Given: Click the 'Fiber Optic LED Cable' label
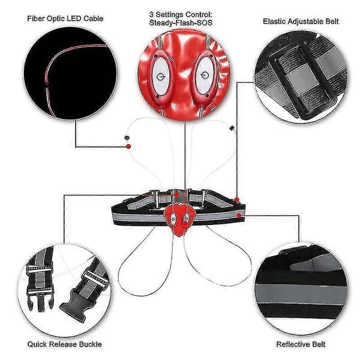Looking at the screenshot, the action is tap(65, 19).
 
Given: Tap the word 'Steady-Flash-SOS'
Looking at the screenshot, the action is tap(181, 23).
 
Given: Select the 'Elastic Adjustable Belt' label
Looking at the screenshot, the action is tap(301, 22).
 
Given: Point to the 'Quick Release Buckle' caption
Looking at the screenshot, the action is tap(65, 344).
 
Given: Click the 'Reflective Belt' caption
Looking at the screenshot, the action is tap(301, 344).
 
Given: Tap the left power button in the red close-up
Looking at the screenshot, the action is tap(160, 76).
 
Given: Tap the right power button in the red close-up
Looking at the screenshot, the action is tap(205, 75).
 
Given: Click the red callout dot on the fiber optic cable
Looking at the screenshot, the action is tap(128, 146).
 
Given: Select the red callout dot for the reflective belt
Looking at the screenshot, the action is tap(239, 215).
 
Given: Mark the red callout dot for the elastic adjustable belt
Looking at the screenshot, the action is tap(237, 200).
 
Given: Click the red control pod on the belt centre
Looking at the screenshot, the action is tap(180, 219).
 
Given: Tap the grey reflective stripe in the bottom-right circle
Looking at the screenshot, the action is tap(301, 293).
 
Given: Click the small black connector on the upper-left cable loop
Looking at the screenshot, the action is tap(127, 138).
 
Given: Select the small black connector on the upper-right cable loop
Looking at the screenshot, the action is tap(232, 128).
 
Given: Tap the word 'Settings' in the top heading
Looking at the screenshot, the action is tap(169, 14).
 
